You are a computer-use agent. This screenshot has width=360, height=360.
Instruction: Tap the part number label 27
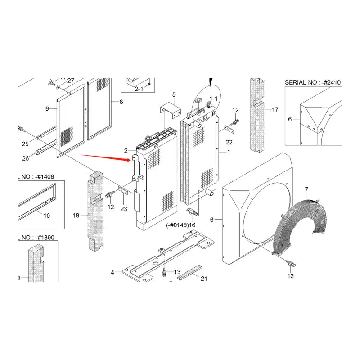tap(71, 81)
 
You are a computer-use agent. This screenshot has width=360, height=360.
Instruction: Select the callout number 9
tap(47, 108)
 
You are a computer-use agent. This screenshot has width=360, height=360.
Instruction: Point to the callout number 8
tap(121, 102)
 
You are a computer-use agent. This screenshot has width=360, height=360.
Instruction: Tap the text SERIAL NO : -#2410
tap(313, 82)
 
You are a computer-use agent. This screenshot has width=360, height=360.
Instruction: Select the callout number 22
tap(229, 143)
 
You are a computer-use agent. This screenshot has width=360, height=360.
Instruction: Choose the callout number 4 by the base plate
tap(112, 272)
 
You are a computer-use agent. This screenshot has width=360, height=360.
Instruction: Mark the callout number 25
tap(25, 144)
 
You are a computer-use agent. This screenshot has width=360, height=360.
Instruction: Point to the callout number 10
tap(47, 216)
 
